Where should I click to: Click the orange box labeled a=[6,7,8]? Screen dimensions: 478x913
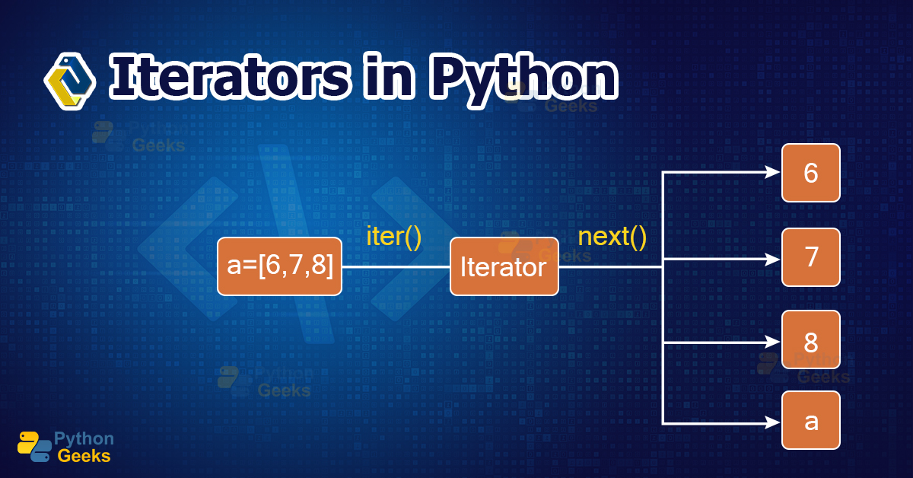(x=279, y=266)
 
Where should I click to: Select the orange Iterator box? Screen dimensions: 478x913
(x=504, y=266)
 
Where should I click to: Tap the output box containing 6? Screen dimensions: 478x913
(x=810, y=173)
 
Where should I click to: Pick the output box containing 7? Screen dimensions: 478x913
(x=810, y=257)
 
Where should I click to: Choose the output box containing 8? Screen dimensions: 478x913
(x=810, y=339)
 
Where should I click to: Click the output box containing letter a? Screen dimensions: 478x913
(x=810, y=420)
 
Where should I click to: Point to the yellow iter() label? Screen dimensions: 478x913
(x=393, y=236)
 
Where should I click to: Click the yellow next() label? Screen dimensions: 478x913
(x=612, y=236)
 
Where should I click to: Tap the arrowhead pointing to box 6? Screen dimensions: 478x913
(x=773, y=173)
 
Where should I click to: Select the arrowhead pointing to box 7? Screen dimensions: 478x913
(x=773, y=259)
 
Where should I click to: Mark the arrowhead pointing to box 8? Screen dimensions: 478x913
(x=773, y=343)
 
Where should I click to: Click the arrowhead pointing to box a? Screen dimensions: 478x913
(x=773, y=423)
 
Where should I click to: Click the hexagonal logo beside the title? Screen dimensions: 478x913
(x=69, y=80)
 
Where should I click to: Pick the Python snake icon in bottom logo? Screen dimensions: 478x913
(x=34, y=447)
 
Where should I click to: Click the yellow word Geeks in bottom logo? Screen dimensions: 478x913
(x=84, y=456)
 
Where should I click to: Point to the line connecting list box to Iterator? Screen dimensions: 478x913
(x=396, y=267)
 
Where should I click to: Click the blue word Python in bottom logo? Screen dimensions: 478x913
(x=84, y=438)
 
